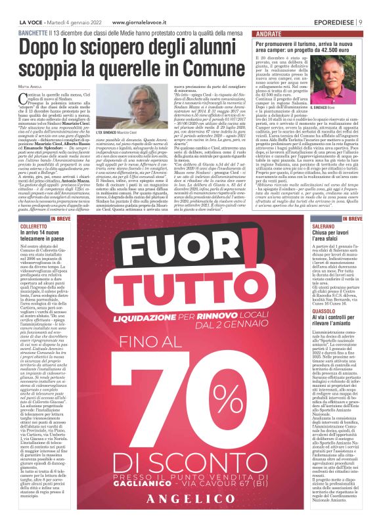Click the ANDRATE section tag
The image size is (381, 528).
270,32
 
